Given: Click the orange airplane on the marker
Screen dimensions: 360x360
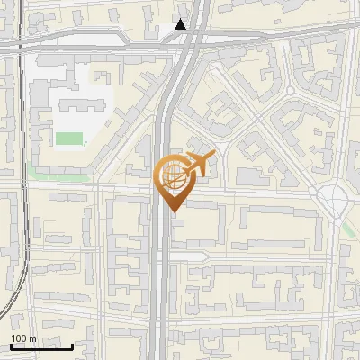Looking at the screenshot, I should [x=199, y=165].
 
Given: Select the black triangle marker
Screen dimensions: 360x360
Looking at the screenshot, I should [x=181, y=25].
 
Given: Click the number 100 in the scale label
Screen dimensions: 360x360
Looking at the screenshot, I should [x=19, y=338].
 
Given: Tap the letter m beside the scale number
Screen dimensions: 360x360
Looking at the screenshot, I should [x=32, y=338].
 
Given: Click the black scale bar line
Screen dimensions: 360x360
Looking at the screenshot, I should [x=41, y=347].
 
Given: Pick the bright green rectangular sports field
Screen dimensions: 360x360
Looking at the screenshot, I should [x=69, y=139].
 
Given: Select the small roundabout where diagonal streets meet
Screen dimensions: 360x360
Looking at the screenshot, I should [x=290, y=92].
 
